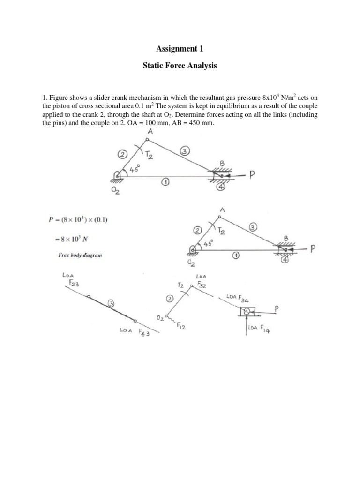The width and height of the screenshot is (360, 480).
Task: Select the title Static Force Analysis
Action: pos(180,66)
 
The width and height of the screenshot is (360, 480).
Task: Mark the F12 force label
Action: pos(181,328)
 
